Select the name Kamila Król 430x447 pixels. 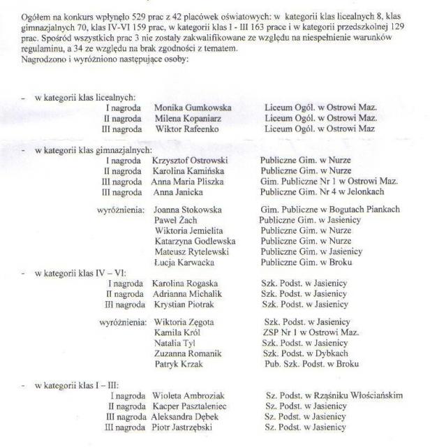(x=175, y=332)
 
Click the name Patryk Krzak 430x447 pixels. (x=177, y=364)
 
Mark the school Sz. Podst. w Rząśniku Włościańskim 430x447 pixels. (x=334, y=395)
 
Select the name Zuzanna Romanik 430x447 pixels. (x=187, y=353)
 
